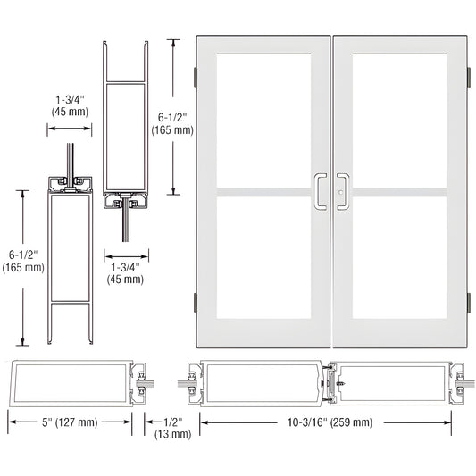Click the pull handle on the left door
[320, 191]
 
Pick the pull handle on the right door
[342, 190]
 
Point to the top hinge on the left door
[196, 77]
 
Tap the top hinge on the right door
[466, 77]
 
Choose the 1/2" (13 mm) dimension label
[175, 428]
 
